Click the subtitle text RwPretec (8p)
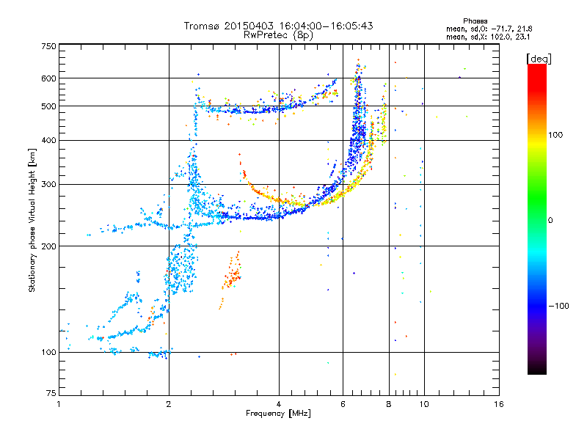click(278, 35)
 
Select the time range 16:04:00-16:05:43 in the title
click(326, 26)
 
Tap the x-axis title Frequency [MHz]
click(278, 414)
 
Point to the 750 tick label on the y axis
click(48, 46)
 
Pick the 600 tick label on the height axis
click(48, 78)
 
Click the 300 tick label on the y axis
click(48, 184)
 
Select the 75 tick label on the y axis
click(51, 393)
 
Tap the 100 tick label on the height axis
click(48, 352)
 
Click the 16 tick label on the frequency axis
click(499, 404)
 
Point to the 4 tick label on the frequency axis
click(279, 404)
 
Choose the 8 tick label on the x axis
click(389, 404)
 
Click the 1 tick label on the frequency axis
click(59, 404)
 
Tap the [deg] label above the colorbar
click(539, 59)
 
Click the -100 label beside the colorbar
click(559, 306)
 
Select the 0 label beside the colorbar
click(550, 220)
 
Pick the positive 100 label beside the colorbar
click(555, 135)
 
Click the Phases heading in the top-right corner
click(475, 21)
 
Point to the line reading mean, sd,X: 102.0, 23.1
click(488, 37)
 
